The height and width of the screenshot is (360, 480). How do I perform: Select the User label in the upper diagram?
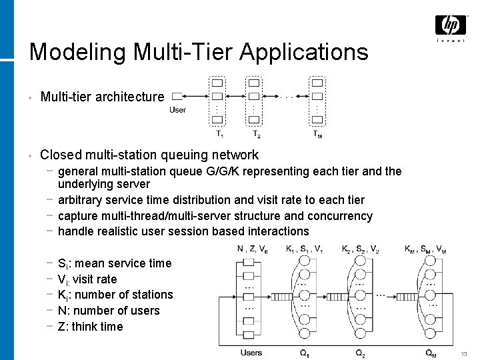pos(178,110)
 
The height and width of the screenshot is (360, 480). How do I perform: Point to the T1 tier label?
pos(219,133)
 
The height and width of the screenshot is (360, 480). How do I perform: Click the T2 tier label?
pos(256,133)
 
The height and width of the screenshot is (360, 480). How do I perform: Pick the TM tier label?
pos(319,133)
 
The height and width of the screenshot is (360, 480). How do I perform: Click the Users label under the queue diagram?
pos(251,353)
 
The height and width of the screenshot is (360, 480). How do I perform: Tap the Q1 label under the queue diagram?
pos(304,353)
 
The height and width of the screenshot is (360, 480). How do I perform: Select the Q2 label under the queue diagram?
pos(360,353)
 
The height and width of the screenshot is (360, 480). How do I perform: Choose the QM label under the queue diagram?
pos(431,353)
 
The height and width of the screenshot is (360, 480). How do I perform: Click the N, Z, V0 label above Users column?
pos(253,250)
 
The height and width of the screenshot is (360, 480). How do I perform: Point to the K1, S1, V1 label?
pos(305,250)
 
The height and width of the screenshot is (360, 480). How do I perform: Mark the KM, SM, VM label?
pos(425,250)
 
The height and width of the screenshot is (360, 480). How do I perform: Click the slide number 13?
pos(465,353)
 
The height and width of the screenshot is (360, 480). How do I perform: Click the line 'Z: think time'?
pos(91,327)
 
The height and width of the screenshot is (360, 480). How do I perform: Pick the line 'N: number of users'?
pos(109,311)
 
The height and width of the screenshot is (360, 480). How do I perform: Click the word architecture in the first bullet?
pos(129,97)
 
